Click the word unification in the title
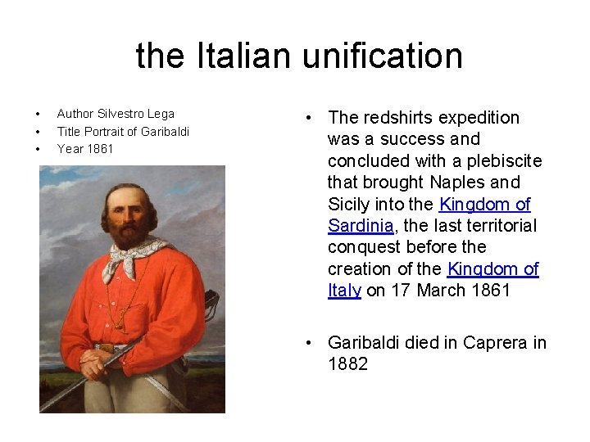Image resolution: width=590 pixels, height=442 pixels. pyautogui.click(x=382, y=56)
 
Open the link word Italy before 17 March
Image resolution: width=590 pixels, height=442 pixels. pyautogui.click(x=344, y=291)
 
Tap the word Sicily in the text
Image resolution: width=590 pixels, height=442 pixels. pyautogui.click(x=348, y=205)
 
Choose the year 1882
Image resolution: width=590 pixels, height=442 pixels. pyautogui.click(x=347, y=364)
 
